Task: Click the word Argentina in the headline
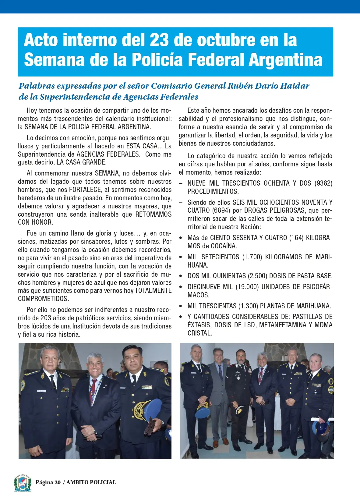coord(285,60)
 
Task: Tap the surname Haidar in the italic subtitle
coord(295,86)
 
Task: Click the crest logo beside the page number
coord(23,482)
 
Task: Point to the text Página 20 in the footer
coord(48,482)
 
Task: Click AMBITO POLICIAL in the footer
coord(91,482)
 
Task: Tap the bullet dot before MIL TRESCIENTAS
coord(181,306)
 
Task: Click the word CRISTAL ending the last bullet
coord(199,333)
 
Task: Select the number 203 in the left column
coord(46,318)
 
